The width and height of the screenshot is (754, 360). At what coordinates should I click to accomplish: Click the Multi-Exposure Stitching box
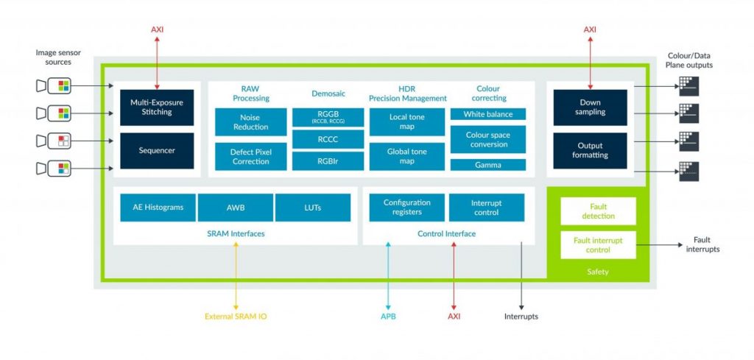(156, 107)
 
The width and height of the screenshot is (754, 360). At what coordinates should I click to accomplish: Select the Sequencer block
(156, 150)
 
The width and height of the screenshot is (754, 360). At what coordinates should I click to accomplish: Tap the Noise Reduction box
(250, 122)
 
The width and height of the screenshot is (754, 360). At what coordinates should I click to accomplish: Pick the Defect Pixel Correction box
(250, 156)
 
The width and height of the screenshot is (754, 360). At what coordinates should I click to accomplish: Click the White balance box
(487, 114)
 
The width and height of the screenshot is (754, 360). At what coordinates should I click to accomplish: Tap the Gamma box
(487, 165)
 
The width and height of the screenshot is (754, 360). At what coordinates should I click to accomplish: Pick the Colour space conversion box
(487, 139)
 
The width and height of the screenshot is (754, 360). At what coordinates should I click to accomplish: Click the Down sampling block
(590, 107)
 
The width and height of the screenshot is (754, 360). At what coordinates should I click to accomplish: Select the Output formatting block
(590, 150)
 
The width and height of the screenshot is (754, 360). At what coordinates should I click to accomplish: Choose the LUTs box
(313, 208)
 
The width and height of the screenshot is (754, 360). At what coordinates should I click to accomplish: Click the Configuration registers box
(406, 208)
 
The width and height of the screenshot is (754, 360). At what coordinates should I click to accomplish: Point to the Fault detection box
(597, 211)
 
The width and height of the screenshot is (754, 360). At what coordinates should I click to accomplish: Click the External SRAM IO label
(236, 317)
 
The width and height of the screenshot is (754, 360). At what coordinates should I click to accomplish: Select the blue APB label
(387, 317)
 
